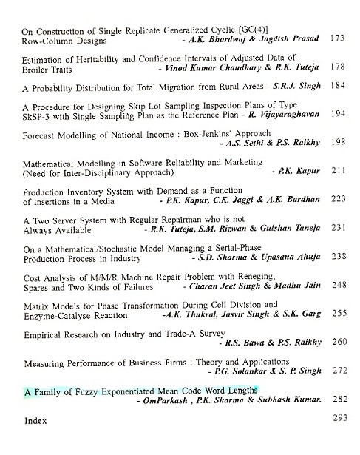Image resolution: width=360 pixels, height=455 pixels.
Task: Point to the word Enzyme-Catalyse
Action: pyautogui.click(x=55, y=314)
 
